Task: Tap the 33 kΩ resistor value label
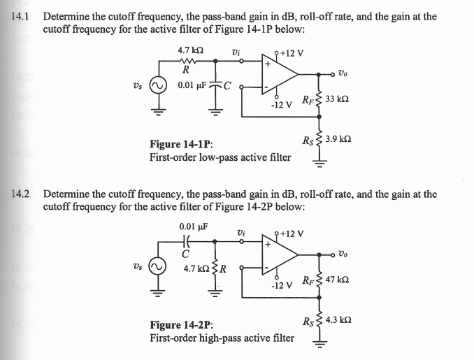[338, 101]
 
